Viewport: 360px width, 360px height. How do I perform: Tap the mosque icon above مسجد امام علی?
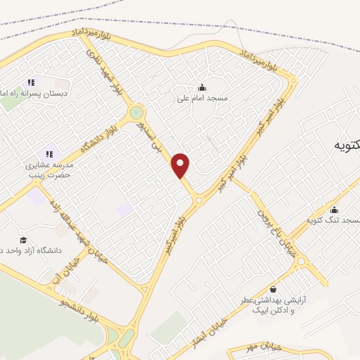coord(202,88)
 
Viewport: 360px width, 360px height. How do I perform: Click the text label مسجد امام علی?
coord(202,99)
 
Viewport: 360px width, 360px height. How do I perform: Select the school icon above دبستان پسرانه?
coord(31,82)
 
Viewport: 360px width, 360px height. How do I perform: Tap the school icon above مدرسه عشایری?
coord(49,153)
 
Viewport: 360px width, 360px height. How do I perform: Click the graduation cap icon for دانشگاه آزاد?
coord(23,240)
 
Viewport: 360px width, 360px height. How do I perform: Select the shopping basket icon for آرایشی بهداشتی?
coord(272,289)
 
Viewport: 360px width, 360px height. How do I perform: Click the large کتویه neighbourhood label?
coord(345,146)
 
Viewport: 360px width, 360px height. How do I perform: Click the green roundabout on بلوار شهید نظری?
coord(136,112)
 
